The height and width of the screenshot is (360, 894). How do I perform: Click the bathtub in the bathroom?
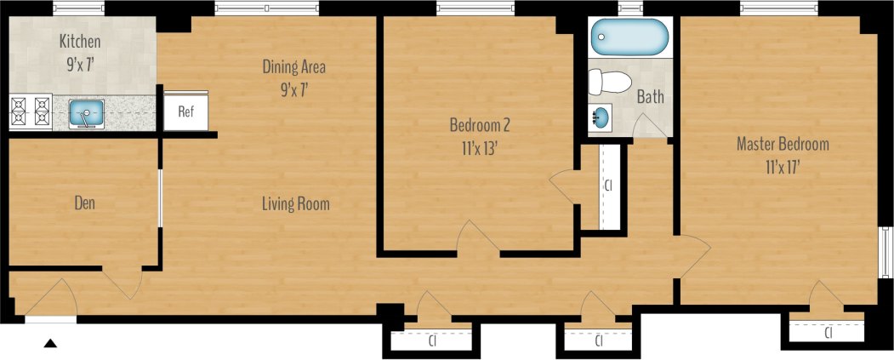click(x=630, y=37)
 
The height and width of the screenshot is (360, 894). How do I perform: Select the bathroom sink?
click(x=600, y=117)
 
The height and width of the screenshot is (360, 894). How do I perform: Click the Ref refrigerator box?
click(x=185, y=111)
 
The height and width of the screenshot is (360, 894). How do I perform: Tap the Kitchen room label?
click(x=80, y=41)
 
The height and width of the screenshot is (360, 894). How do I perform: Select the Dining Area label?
click(x=293, y=66)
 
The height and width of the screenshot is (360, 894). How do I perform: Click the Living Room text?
click(x=295, y=204)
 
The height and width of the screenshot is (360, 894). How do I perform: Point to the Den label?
click(x=83, y=203)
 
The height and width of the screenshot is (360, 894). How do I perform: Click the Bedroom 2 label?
click(x=480, y=125)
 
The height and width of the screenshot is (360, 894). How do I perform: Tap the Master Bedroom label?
click(x=782, y=144)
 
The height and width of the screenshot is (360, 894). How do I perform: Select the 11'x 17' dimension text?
click(x=782, y=168)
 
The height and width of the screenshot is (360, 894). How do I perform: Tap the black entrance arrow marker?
click(x=50, y=344)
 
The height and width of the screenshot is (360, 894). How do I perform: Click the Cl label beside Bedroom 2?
click(x=607, y=185)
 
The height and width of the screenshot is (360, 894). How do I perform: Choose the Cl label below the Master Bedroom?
click(x=829, y=334)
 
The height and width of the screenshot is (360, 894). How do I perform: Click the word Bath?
click(x=650, y=98)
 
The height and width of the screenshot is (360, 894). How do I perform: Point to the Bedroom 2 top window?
click(x=475, y=9)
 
